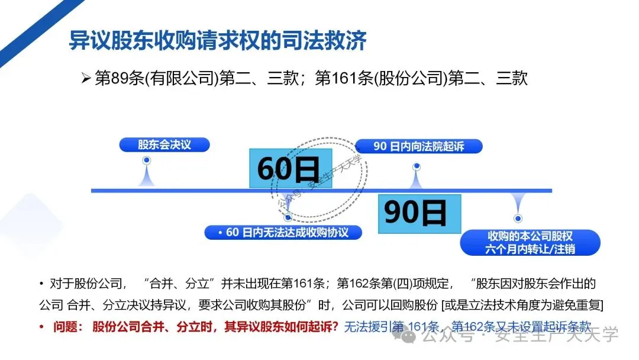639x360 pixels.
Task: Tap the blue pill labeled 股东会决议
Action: [x=164, y=144]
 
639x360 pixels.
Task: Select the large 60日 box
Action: [x=290, y=168]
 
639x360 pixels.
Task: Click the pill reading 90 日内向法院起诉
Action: [x=418, y=146]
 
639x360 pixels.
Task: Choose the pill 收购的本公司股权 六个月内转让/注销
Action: [x=530, y=242]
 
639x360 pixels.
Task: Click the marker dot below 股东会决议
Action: [x=147, y=160]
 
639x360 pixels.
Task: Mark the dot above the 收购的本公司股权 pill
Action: [x=518, y=218]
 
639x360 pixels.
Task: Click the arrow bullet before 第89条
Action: [x=85, y=79]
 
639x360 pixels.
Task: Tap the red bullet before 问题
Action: [x=41, y=327]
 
